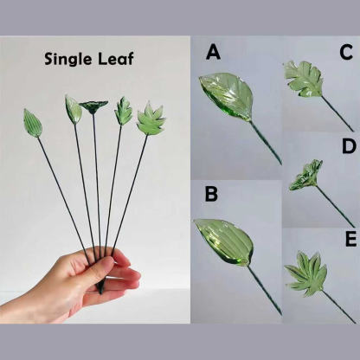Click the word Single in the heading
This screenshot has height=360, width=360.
coord(68,59)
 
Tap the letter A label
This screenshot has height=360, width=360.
coord(214,53)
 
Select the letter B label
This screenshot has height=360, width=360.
coord(211,194)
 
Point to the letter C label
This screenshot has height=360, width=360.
coord(346,52)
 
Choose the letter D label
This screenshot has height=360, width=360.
coord(349,145)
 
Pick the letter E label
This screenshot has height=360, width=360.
coord(350,240)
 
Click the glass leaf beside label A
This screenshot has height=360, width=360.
coord(228,95)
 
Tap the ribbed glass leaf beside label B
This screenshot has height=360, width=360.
coord(224,241)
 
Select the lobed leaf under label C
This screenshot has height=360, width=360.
coord(304,79)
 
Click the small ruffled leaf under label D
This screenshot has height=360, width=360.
coord(305,175)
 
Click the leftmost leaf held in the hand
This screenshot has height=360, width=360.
coord(33,123)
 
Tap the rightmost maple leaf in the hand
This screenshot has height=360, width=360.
coord(151,119)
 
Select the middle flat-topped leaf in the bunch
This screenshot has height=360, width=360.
coord(93,106)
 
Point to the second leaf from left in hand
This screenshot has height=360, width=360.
coord(73,110)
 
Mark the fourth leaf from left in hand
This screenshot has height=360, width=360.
coord(124,112)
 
